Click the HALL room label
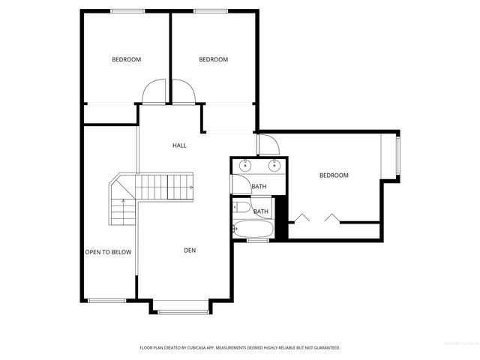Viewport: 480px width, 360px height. coord(179,145)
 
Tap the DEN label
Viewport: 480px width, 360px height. coord(190,250)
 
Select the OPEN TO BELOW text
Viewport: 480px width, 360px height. coord(108,252)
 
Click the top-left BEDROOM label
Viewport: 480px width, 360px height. coord(126,59)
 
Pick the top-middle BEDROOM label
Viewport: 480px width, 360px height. coord(213,59)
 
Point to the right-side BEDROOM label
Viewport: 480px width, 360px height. coord(334,175)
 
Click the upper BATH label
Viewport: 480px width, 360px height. coord(259,187)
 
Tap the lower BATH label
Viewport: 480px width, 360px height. coord(261,211)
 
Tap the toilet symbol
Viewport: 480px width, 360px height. coord(242,208)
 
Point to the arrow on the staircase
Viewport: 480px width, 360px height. coord(190,187)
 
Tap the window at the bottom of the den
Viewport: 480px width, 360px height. coord(182,311)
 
